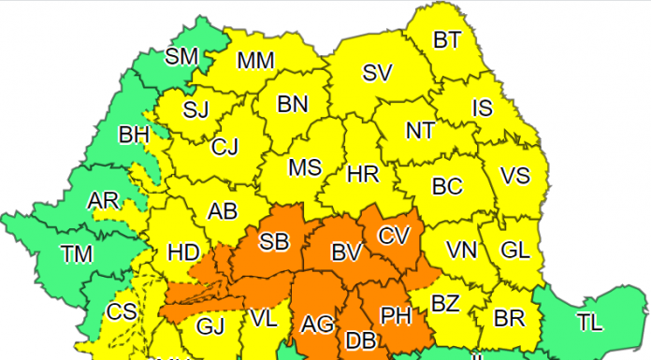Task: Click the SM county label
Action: [182, 56]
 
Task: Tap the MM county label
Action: [255, 61]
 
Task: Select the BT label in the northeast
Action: [447, 40]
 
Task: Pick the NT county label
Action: [419, 131]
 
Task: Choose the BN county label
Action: [293, 104]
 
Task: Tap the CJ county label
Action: [225, 147]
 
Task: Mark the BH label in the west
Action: [134, 136]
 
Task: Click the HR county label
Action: [361, 174]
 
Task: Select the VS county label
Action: [515, 176]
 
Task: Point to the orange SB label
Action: [273, 242]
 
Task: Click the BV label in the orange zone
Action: [345, 252]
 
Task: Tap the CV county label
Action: [394, 236]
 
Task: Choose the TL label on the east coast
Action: [589, 323]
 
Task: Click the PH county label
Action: [397, 316]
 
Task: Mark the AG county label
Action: [318, 324]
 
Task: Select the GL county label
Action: [514, 250]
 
